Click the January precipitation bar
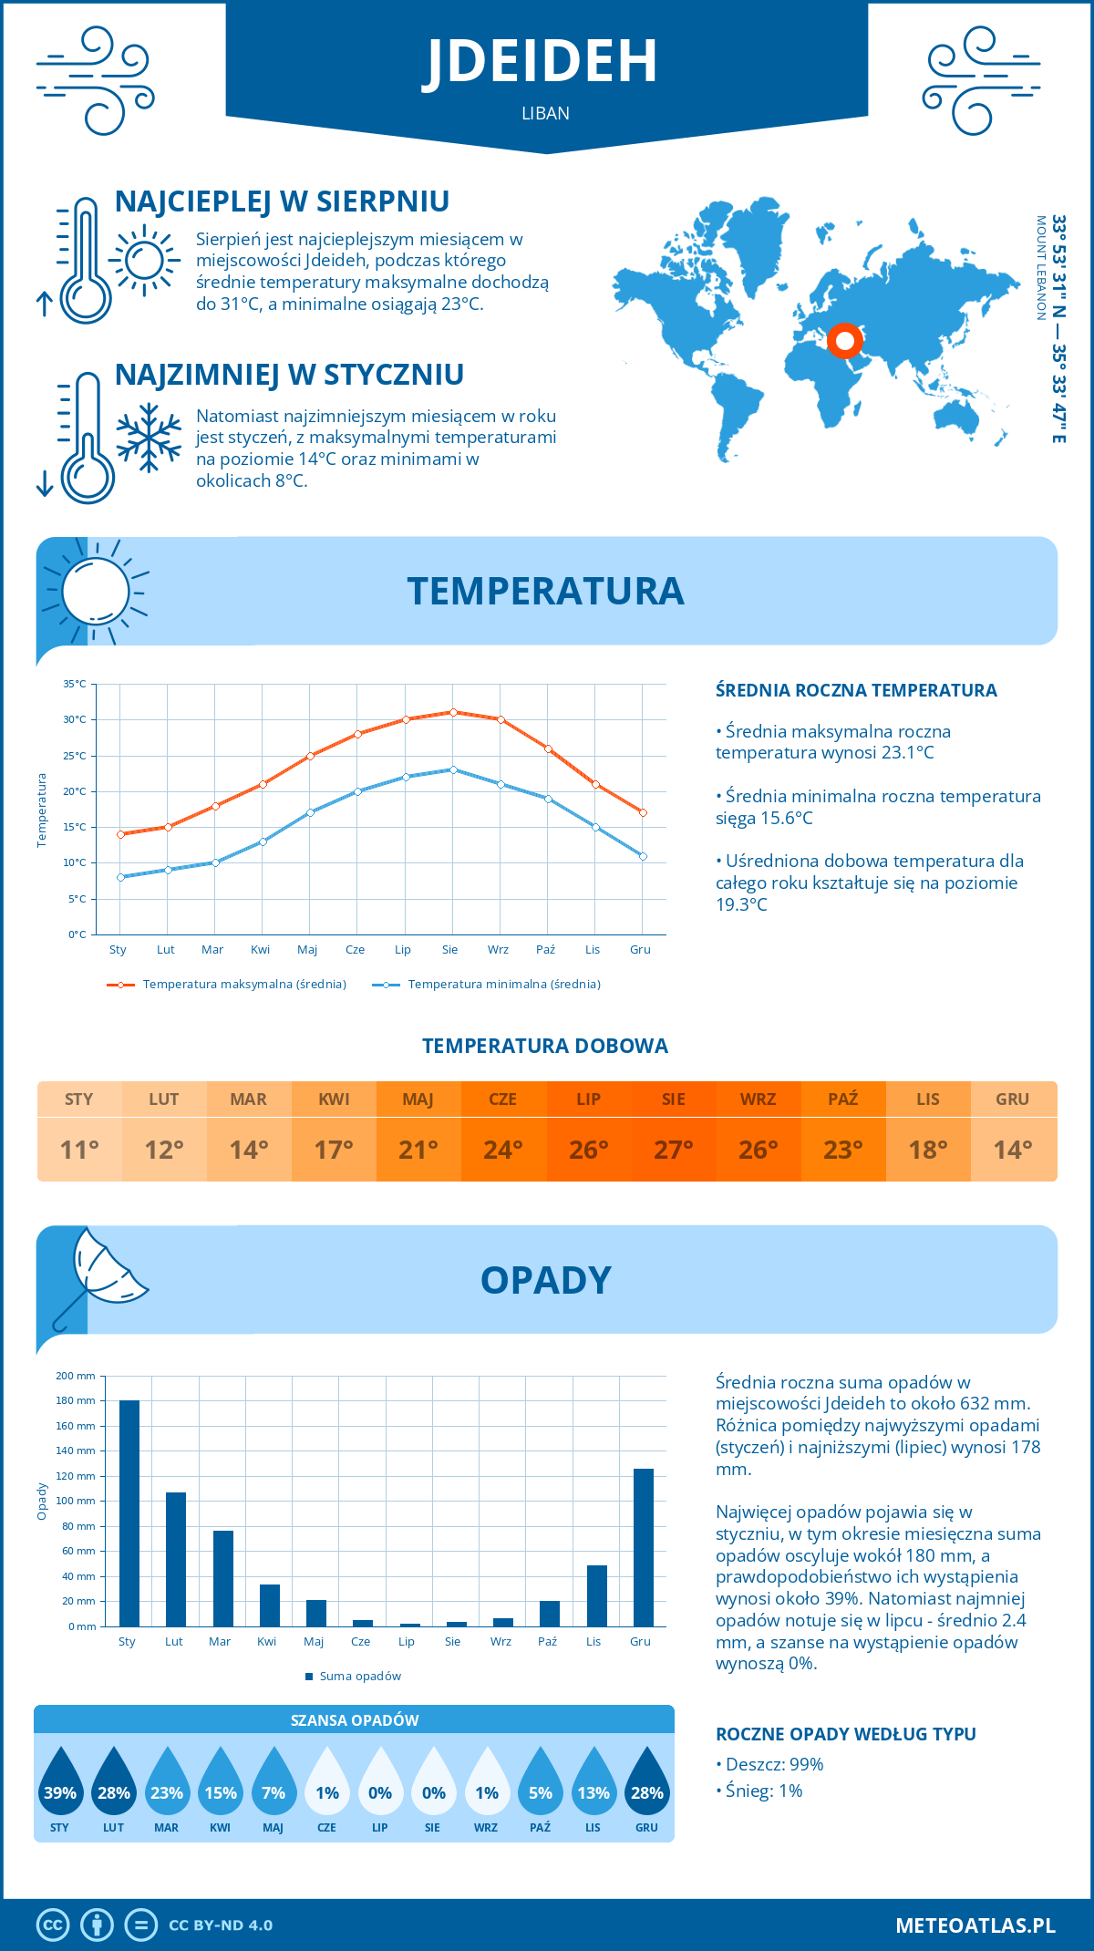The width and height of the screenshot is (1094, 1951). [x=129, y=1513]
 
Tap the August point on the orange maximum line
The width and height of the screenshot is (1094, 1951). [x=453, y=712]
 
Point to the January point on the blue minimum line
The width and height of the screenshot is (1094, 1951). [x=120, y=877]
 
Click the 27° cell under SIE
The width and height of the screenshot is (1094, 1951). [x=673, y=1150]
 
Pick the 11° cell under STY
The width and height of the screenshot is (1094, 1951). [x=79, y=1150]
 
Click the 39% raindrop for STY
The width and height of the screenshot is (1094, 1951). [x=60, y=1782]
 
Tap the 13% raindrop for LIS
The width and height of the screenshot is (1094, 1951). [x=593, y=1782]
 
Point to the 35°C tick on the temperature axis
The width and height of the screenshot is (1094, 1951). [x=75, y=684]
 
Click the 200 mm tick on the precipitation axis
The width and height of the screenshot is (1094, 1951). [x=76, y=1376]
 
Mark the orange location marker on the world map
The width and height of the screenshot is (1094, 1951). [x=845, y=341]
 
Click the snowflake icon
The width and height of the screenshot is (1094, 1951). [x=149, y=438]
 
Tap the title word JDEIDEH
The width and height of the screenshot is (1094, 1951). [x=540, y=61]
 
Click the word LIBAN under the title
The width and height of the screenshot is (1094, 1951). [x=545, y=113]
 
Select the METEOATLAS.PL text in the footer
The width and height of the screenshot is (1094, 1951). [x=975, y=1925]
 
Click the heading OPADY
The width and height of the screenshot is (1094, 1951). [x=545, y=1280]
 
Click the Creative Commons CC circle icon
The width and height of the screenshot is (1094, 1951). [x=53, y=1925]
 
